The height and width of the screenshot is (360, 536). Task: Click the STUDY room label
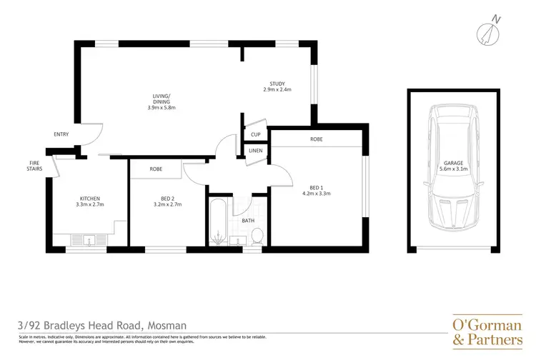[x=277, y=84]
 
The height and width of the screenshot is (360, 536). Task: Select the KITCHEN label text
[x=89, y=198]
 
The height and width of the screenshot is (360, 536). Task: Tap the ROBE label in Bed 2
[x=155, y=169]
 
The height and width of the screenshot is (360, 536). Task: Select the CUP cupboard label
[x=255, y=134]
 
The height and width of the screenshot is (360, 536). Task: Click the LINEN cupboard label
[x=255, y=151]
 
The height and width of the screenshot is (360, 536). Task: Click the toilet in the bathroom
[x=259, y=235]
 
